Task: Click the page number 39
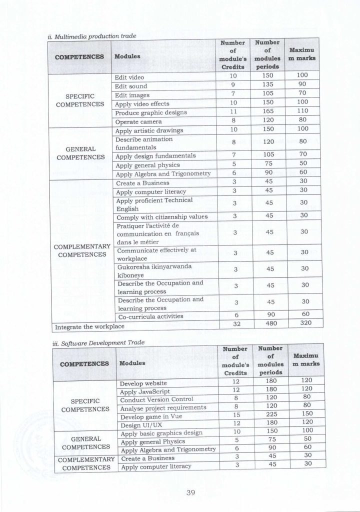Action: [x=189, y=492]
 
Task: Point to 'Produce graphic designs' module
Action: [x=150, y=113]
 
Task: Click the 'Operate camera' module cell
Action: [x=138, y=122]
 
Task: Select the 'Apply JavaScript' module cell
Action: [x=145, y=391]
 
